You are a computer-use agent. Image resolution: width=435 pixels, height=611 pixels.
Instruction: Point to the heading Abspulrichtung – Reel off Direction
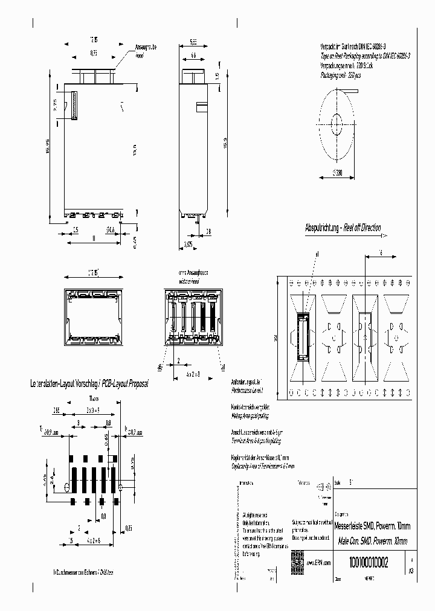click(343, 228)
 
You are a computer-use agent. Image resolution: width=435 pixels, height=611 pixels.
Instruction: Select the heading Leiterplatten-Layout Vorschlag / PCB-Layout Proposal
click(85, 383)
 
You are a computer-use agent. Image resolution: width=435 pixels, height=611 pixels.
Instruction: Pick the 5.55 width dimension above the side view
click(193, 42)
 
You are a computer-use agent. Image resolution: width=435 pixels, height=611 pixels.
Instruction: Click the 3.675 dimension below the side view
click(188, 245)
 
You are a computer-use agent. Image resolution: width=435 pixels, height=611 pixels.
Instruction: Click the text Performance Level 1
click(247, 391)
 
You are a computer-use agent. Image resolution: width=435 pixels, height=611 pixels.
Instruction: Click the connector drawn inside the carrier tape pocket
click(303, 337)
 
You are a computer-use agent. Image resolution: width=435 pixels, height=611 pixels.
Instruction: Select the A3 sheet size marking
click(411, 570)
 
